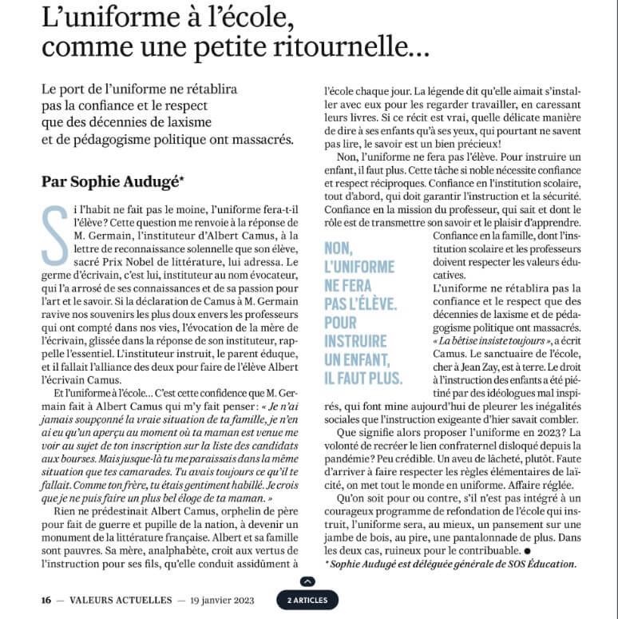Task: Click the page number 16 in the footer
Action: tap(47, 599)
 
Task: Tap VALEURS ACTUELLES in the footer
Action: tap(118, 599)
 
